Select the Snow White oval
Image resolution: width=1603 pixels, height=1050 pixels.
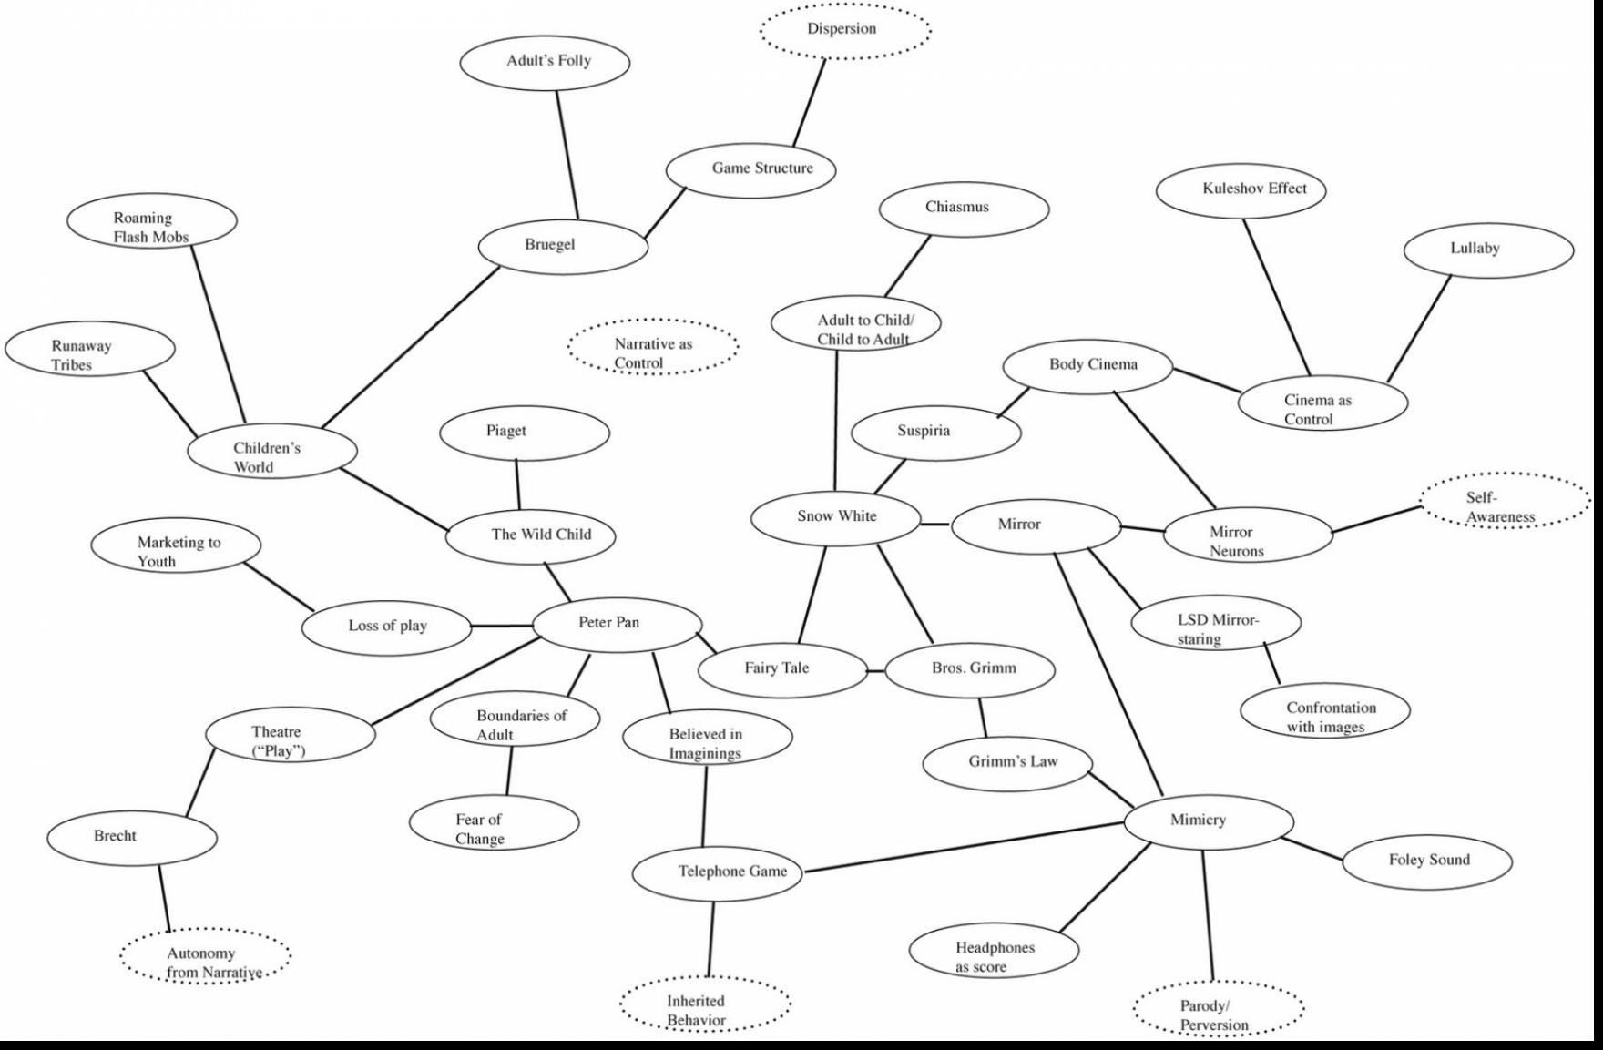pyautogui.click(x=836, y=517)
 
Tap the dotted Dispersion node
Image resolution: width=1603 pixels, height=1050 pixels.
pyautogui.click(x=845, y=30)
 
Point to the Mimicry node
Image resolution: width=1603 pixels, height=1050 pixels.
pyautogui.click(x=1209, y=821)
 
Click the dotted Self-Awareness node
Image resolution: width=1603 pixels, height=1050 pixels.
pyautogui.click(x=1506, y=500)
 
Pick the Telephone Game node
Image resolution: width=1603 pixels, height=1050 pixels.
pyautogui.click(x=718, y=872)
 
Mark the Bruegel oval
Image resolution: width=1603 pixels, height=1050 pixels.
pyautogui.click(x=564, y=246)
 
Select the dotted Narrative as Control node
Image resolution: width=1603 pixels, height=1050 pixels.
pyautogui.click(x=653, y=347)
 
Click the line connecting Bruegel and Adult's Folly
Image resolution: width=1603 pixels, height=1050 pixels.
pyautogui.click(x=567, y=155)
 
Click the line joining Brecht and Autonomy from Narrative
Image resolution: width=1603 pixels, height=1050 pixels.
pyautogui.click(x=164, y=898)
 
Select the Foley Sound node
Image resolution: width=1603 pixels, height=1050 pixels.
pyautogui.click(x=1427, y=861)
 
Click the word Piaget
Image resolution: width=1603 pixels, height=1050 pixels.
pyautogui.click(x=505, y=431)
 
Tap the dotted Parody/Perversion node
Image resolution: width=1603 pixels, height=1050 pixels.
pyautogui.click(x=1219, y=1008)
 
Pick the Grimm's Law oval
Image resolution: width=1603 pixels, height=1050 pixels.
pyautogui.click(x=1008, y=763)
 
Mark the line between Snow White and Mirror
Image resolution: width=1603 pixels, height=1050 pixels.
pyautogui.click(x=935, y=525)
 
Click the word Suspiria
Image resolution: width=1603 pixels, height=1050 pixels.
pyautogui.click(x=924, y=432)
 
